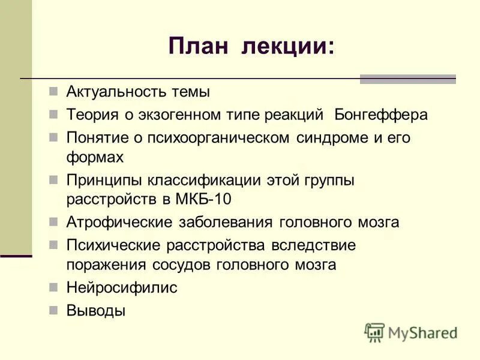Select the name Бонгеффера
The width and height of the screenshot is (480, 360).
pyautogui.click(x=381, y=115)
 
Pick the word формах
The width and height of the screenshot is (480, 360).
pyautogui.click(x=95, y=158)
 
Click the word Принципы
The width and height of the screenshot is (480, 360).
pyautogui.click(x=103, y=180)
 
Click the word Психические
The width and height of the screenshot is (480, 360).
pyautogui.click(x=110, y=245)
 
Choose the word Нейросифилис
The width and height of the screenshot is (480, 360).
pyautogui.click(x=122, y=287)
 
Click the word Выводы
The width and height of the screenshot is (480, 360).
pyautogui.click(x=96, y=310)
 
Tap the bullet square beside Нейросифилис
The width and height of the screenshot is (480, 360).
pyautogui.click(x=53, y=286)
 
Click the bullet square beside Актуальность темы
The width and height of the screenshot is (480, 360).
pyautogui.click(x=53, y=92)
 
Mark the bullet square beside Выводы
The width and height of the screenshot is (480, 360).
pyautogui.click(x=53, y=310)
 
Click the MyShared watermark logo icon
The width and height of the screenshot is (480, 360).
pyautogui.click(x=374, y=332)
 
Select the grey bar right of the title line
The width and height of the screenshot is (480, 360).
pyautogui.click(x=407, y=79)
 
